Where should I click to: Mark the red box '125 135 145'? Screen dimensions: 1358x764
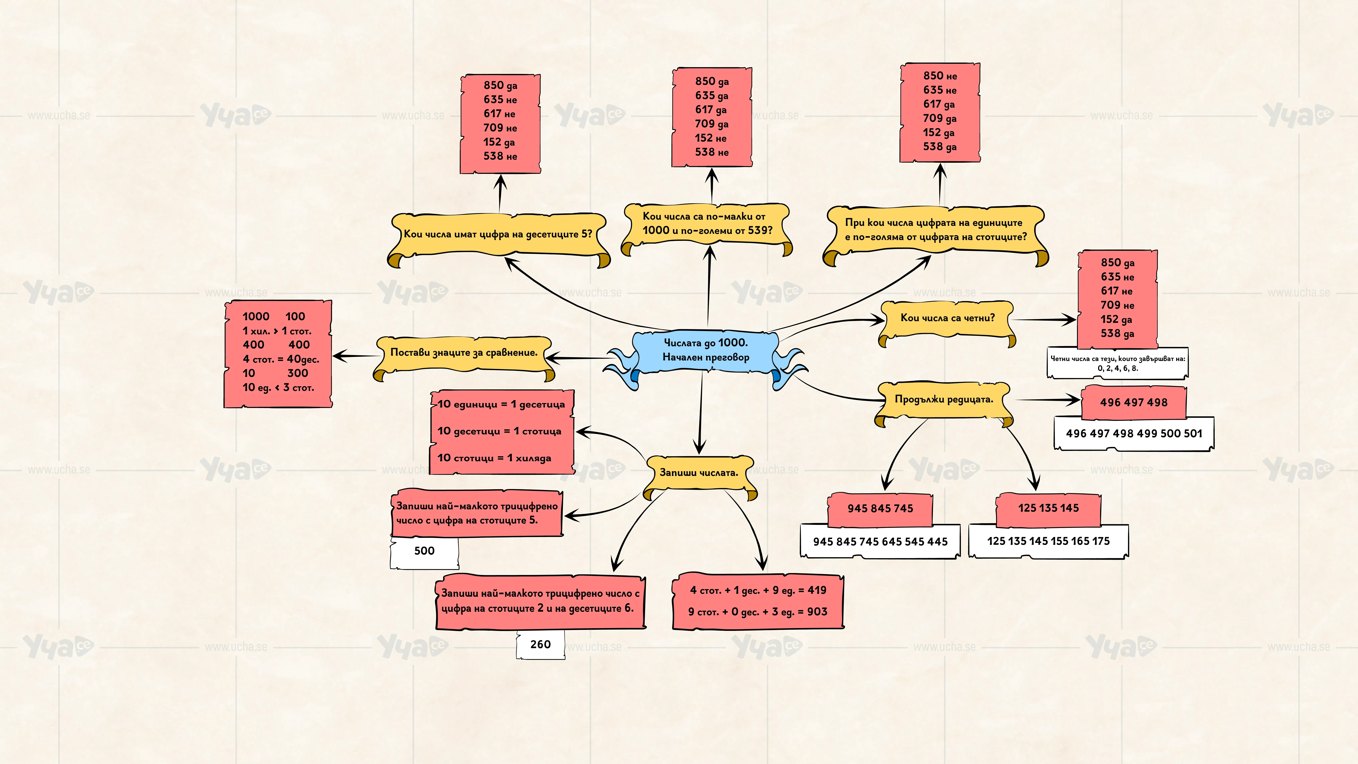[1048, 508]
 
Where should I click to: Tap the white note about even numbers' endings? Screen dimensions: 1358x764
[1118, 363]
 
